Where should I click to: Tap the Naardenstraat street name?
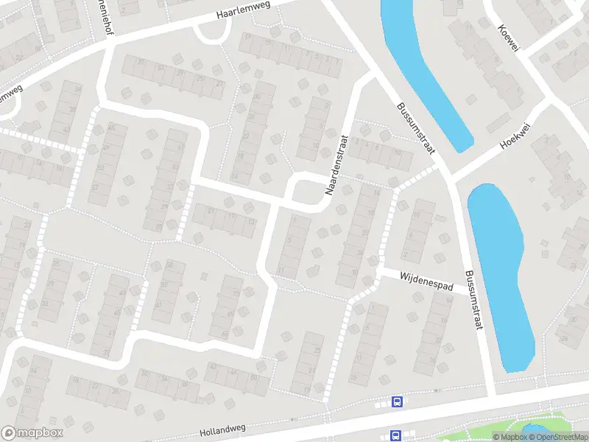click(x=336, y=164)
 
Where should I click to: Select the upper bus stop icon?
click(x=397, y=402)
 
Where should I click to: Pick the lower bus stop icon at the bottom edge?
click(x=395, y=435)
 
